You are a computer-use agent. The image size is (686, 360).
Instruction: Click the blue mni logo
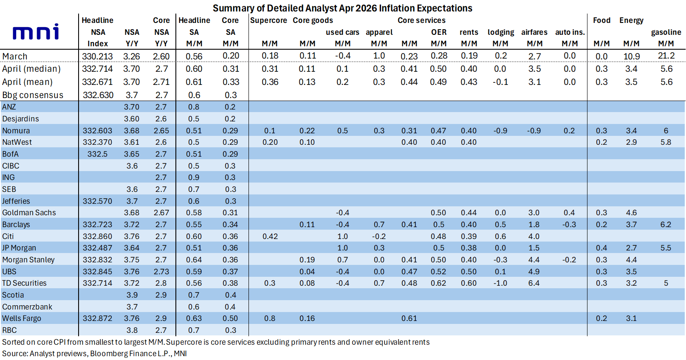click(36, 32)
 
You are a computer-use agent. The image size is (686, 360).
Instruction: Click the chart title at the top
click(342, 8)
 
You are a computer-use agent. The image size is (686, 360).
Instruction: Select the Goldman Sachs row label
click(29, 213)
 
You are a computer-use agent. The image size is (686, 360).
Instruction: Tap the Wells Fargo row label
click(21, 319)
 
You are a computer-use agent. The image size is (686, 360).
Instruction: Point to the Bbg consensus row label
click(33, 95)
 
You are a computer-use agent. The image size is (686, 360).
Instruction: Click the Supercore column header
click(268, 20)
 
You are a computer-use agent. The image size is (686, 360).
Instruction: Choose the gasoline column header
click(666, 32)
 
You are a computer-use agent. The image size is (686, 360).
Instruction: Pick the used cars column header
click(342, 32)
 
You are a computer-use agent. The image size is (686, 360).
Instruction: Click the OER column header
click(438, 32)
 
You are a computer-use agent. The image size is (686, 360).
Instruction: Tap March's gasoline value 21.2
click(666, 56)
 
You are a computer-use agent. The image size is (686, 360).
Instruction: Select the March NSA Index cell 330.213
click(97, 56)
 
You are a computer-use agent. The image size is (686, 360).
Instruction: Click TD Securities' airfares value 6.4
click(534, 283)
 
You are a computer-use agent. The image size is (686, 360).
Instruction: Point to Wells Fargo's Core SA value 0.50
click(230, 318)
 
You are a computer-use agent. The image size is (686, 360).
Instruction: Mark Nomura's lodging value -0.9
click(500, 131)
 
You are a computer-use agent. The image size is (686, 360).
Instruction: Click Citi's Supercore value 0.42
click(270, 236)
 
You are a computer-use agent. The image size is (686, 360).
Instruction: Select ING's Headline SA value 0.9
click(194, 177)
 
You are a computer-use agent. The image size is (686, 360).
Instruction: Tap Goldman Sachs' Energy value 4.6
click(631, 213)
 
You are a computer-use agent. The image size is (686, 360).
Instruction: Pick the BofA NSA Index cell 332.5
click(97, 154)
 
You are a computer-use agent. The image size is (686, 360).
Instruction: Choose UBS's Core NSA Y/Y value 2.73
click(161, 272)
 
